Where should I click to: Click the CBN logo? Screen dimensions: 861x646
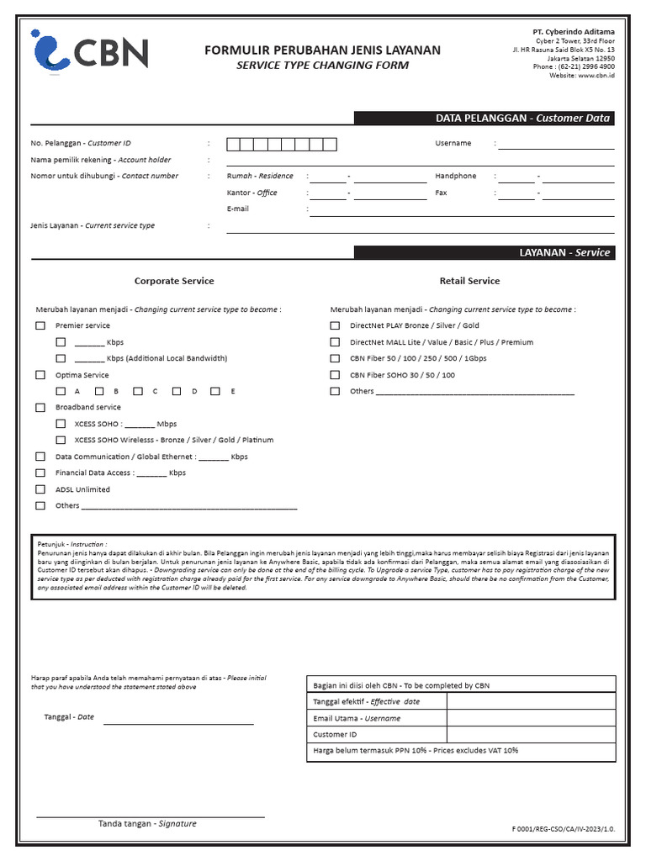pyautogui.click(x=89, y=50)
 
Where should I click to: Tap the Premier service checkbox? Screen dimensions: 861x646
pyautogui.click(x=40, y=326)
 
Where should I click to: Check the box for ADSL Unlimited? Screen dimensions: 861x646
pyautogui.click(x=40, y=489)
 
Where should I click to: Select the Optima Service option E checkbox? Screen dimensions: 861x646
pyautogui.click(x=215, y=392)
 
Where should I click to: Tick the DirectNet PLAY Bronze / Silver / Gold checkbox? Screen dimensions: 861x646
pyautogui.click(x=335, y=326)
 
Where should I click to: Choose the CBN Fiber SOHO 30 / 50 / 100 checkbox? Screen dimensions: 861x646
pyautogui.click(x=335, y=375)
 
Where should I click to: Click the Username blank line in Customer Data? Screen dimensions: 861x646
pyautogui.click(x=557, y=145)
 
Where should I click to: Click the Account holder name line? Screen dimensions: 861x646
pyautogui.click(x=421, y=161)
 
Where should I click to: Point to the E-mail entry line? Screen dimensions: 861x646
pyautogui.click(x=461, y=210)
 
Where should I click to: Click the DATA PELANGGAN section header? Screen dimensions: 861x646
pyautogui.click(x=484, y=119)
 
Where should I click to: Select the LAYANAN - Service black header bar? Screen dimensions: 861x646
pyautogui.click(x=484, y=252)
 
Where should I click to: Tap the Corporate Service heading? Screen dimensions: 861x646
pyautogui.click(x=174, y=281)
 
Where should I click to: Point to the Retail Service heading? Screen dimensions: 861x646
pyautogui.click(x=469, y=281)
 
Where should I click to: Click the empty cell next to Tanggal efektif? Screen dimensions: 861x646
pyautogui.click(x=531, y=701)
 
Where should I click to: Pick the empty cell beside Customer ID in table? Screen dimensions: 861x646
pyautogui.click(x=531, y=734)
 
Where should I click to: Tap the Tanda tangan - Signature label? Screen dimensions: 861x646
pyautogui.click(x=147, y=824)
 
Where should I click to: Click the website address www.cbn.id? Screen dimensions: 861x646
pyautogui.click(x=596, y=76)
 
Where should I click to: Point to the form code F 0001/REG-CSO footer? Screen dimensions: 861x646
pyautogui.click(x=564, y=829)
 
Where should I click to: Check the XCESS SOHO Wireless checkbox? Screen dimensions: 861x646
pyautogui.click(x=61, y=441)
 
